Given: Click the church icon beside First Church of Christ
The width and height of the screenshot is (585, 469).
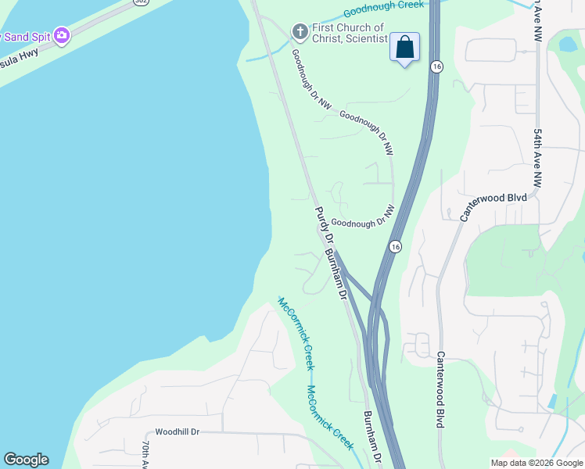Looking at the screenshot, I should pyautogui.click(x=300, y=32).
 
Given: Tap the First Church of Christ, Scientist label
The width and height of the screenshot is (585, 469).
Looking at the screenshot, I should pyautogui.click(x=349, y=33).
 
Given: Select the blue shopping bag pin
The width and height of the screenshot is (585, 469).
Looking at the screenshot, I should pyautogui.click(x=404, y=48).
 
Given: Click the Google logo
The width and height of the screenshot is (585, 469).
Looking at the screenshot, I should pyautogui.click(x=26, y=460).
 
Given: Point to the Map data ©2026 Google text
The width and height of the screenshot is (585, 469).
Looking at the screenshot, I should pyautogui.click(x=537, y=463).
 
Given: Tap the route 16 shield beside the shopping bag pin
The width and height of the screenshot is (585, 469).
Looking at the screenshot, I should pyautogui.click(x=436, y=67).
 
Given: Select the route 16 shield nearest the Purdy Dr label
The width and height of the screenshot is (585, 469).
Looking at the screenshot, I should pyautogui.click(x=396, y=246).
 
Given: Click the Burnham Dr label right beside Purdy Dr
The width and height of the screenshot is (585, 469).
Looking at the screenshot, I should pyautogui.click(x=335, y=274).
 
